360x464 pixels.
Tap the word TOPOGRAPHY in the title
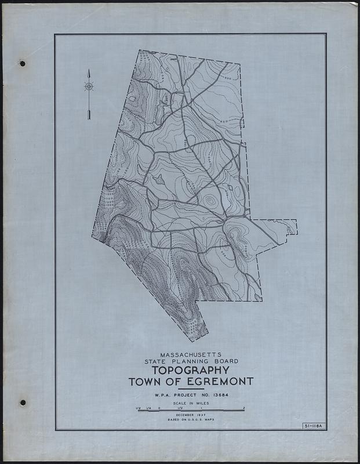point(189,371)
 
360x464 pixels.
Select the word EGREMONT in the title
point(218,382)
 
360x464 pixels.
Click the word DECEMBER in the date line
point(181,415)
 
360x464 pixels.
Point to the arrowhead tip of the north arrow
point(89,70)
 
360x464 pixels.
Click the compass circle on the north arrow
point(89,86)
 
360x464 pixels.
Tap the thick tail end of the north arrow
point(89,116)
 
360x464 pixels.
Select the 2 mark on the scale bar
point(244,408)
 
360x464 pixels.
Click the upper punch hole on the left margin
point(23,63)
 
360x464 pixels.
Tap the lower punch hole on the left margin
point(23,402)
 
